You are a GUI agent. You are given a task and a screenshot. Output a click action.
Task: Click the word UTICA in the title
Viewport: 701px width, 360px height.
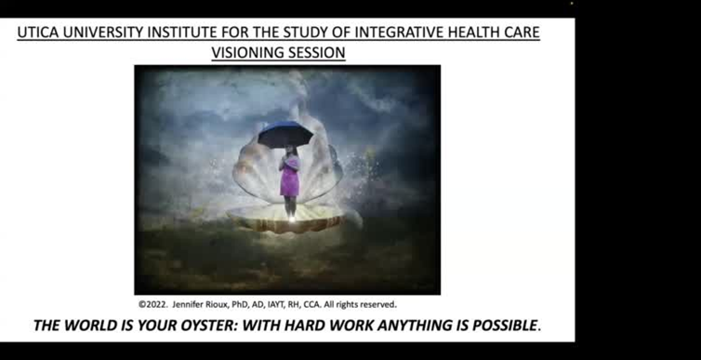pos(40,33)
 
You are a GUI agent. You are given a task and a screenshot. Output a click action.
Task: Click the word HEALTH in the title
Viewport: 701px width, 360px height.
pos(470,33)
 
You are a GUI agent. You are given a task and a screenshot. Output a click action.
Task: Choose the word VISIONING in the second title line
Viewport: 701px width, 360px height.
pos(246,52)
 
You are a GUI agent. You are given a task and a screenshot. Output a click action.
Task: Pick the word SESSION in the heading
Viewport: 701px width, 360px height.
pos(316,52)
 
